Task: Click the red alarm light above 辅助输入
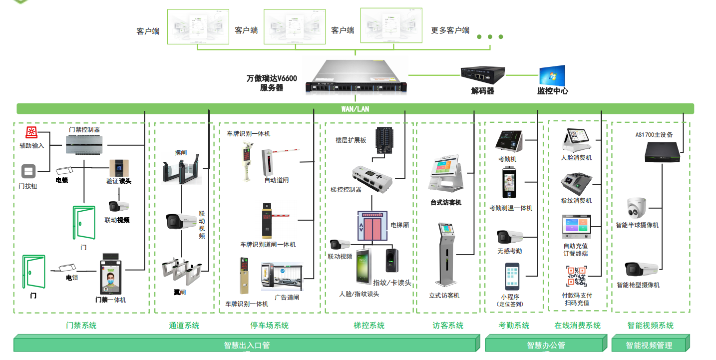pyautogui.click(x=31, y=133)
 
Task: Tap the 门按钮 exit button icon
pyautogui.click(x=28, y=172)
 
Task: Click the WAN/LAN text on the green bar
pyautogui.click(x=355, y=109)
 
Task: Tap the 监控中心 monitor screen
pyautogui.click(x=552, y=75)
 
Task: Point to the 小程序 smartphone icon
pyautogui.click(x=512, y=277)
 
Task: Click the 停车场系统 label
pyautogui.click(x=269, y=326)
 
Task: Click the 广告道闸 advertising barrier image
pyautogui.click(x=282, y=277)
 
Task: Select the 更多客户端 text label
pyautogui.click(x=450, y=30)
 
